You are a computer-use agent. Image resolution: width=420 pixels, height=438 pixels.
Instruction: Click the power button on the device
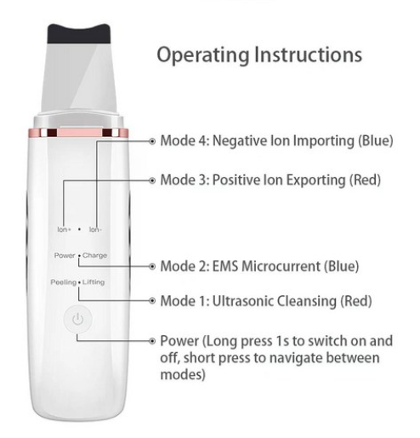(x=77, y=319)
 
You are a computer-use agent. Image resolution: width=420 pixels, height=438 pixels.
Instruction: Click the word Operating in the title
(x=203, y=55)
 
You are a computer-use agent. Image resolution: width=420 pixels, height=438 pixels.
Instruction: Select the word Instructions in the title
(x=309, y=54)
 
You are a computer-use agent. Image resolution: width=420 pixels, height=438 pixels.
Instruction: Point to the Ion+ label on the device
(x=64, y=230)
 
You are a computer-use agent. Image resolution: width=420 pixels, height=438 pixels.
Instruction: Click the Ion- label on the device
(x=95, y=230)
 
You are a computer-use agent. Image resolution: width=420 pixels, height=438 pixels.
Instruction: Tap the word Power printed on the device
(x=65, y=255)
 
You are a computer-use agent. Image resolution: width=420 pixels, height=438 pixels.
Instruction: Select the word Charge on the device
(x=94, y=255)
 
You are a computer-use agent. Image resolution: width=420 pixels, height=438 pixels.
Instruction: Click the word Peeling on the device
(x=64, y=282)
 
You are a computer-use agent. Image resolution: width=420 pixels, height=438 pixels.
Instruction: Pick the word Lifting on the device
(x=94, y=282)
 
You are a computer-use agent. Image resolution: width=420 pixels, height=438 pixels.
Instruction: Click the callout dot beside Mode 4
(x=152, y=141)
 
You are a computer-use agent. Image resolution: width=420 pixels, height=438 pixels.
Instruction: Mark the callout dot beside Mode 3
(x=152, y=180)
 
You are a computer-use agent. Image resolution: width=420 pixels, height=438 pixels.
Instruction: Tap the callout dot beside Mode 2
(x=152, y=266)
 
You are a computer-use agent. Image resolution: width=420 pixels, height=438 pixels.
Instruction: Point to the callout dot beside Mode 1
(x=152, y=301)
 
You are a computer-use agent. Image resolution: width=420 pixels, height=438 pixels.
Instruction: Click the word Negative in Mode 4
(x=240, y=140)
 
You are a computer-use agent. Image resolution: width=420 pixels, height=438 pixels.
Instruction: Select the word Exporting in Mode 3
(x=315, y=180)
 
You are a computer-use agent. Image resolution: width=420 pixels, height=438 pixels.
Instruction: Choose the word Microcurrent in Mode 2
(x=281, y=266)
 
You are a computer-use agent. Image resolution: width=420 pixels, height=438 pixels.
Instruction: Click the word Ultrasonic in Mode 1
(x=242, y=301)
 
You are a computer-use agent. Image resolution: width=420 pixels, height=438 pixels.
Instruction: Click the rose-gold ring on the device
(x=78, y=133)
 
